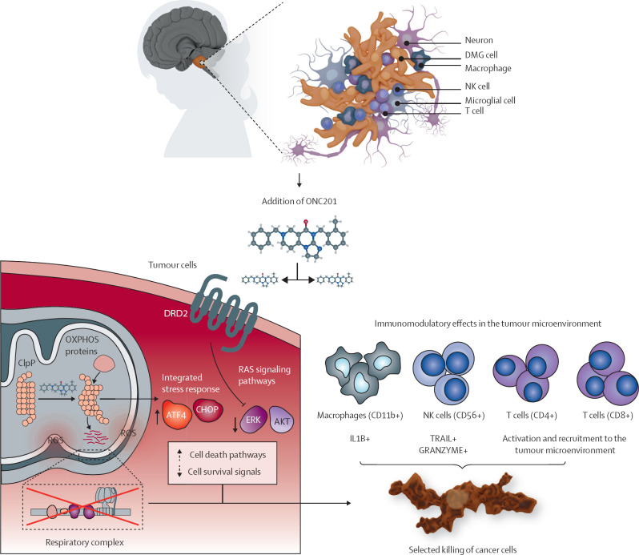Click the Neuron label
coord(479,40)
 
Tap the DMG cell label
coord(481,55)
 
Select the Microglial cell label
coord(490,100)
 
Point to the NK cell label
coord(477,86)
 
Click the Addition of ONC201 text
coord(299,201)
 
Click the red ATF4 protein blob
coord(177,415)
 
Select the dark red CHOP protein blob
coord(207,410)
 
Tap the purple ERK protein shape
coord(253,420)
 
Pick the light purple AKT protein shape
coord(282,420)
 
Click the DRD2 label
coord(175,314)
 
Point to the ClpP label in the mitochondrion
coord(26,363)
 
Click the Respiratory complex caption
coord(85,542)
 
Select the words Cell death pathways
coord(227,455)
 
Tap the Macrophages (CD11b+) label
coord(360,415)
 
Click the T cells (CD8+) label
coord(608,415)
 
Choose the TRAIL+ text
coord(444,438)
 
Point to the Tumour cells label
coord(172,265)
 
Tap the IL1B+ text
coord(360,438)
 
